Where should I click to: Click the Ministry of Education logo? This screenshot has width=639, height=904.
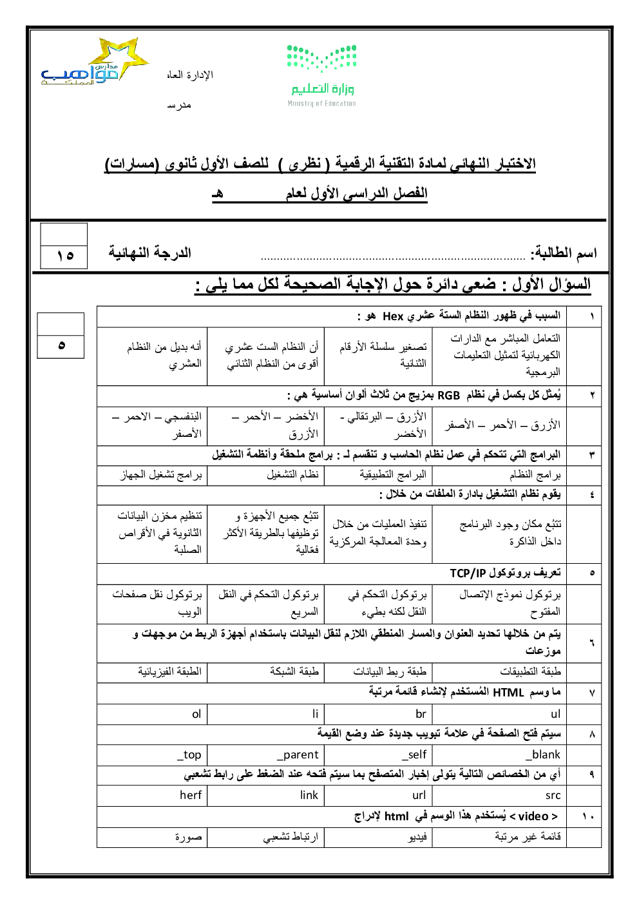(x=321, y=74)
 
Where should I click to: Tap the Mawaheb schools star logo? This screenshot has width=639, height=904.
(x=97, y=64)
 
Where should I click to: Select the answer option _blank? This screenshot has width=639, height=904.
(x=542, y=755)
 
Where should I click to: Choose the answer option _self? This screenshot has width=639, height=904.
(x=414, y=755)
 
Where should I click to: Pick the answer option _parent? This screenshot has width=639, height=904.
(x=297, y=755)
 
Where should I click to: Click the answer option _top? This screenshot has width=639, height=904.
(x=189, y=755)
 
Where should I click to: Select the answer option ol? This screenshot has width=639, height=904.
(x=196, y=714)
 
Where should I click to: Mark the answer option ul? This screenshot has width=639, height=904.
(x=555, y=714)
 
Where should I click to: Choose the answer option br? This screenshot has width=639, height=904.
(x=421, y=714)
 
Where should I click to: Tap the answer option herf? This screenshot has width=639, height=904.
(x=191, y=795)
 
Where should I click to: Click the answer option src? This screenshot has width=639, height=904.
(x=553, y=796)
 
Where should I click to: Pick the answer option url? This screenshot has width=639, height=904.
(x=419, y=796)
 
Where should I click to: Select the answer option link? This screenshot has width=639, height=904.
(x=309, y=795)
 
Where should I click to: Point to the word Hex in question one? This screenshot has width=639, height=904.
(x=393, y=316)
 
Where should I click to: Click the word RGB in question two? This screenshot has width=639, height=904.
(x=448, y=395)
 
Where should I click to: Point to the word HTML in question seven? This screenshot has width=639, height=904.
(x=508, y=693)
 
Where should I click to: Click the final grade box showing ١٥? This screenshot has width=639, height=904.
(x=64, y=256)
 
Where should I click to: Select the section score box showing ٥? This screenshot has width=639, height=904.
(x=61, y=345)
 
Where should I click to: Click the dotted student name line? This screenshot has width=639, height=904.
(x=393, y=258)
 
